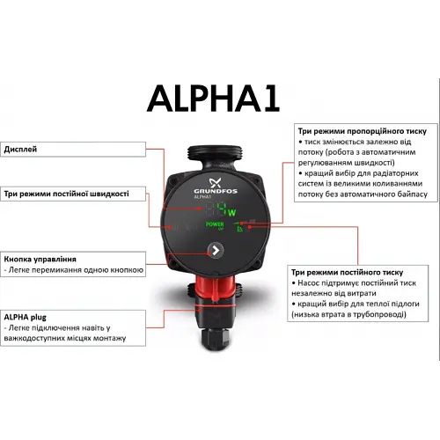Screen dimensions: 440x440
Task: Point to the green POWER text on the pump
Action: pos(214,225)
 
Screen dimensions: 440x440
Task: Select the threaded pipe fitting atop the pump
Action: pos(216,139)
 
